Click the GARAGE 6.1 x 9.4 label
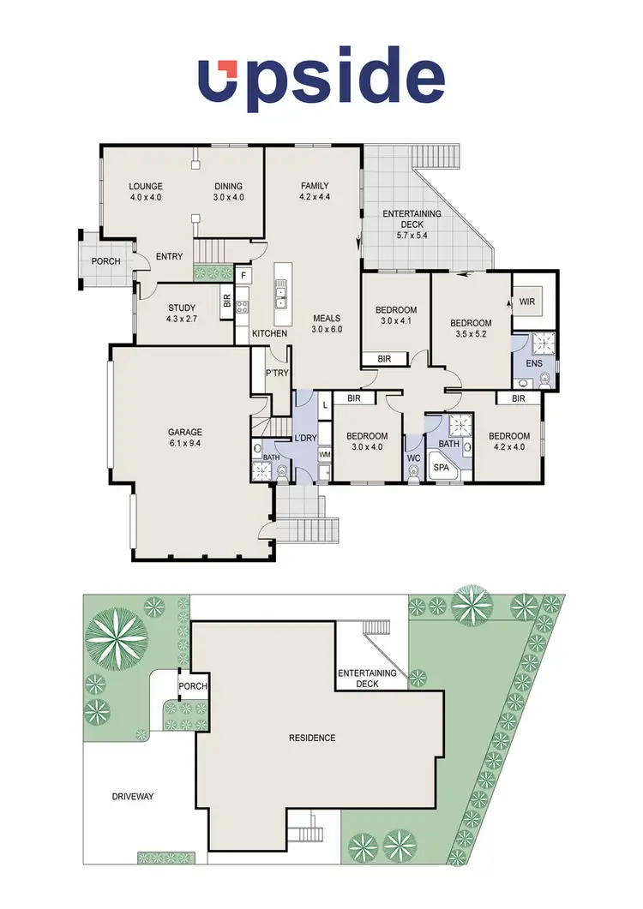click(185, 438)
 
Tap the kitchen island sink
click(281, 296)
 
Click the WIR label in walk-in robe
click(526, 302)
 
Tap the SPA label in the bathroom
click(442, 468)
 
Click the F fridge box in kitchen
click(244, 276)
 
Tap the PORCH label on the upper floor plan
click(106, 261)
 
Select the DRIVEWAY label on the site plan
click(132, 796)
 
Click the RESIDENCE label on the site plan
click(311, 738)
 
